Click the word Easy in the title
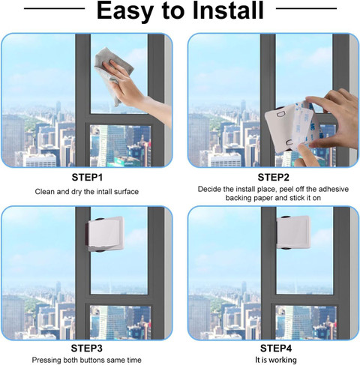coord(125,11)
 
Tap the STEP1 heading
coord(87,178)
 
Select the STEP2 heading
coord(273,178)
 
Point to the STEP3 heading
coord(87,349)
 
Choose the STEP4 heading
coord(276,349)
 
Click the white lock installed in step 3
coord(105,234)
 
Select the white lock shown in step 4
coord(293,232)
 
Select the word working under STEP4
coord(283,361)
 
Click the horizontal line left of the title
coord(54,8)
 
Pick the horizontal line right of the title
coord(306,8)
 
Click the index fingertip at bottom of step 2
coord(301,148)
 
